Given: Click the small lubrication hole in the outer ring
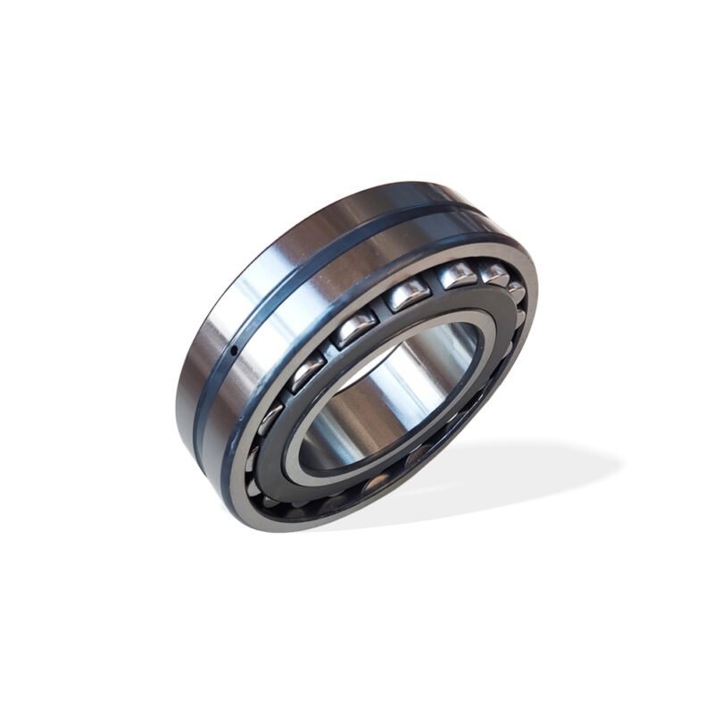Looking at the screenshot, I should pos(234,351).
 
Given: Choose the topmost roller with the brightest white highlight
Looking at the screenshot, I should pos(456,275).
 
